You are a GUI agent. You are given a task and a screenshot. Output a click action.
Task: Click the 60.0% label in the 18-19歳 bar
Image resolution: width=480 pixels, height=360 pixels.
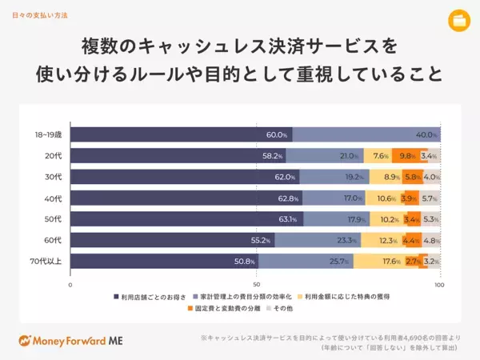[x=277, y=134]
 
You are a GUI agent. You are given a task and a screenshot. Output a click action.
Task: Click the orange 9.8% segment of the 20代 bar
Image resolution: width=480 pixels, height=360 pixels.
[x=406, y=156]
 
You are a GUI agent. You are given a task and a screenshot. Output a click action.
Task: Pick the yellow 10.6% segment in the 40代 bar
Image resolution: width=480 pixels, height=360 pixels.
[x=386, y=198]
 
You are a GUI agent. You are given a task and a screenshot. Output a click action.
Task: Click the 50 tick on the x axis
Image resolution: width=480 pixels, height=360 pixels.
[x=255, y=284]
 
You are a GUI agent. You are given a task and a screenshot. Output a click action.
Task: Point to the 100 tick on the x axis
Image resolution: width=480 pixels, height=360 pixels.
[x=439, y=284]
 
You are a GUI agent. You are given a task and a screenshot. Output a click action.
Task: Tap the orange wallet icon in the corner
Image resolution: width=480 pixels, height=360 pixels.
[x=459, y=19]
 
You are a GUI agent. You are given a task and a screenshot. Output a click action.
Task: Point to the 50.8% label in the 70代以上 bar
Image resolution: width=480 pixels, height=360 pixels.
[x=244, y=261]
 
